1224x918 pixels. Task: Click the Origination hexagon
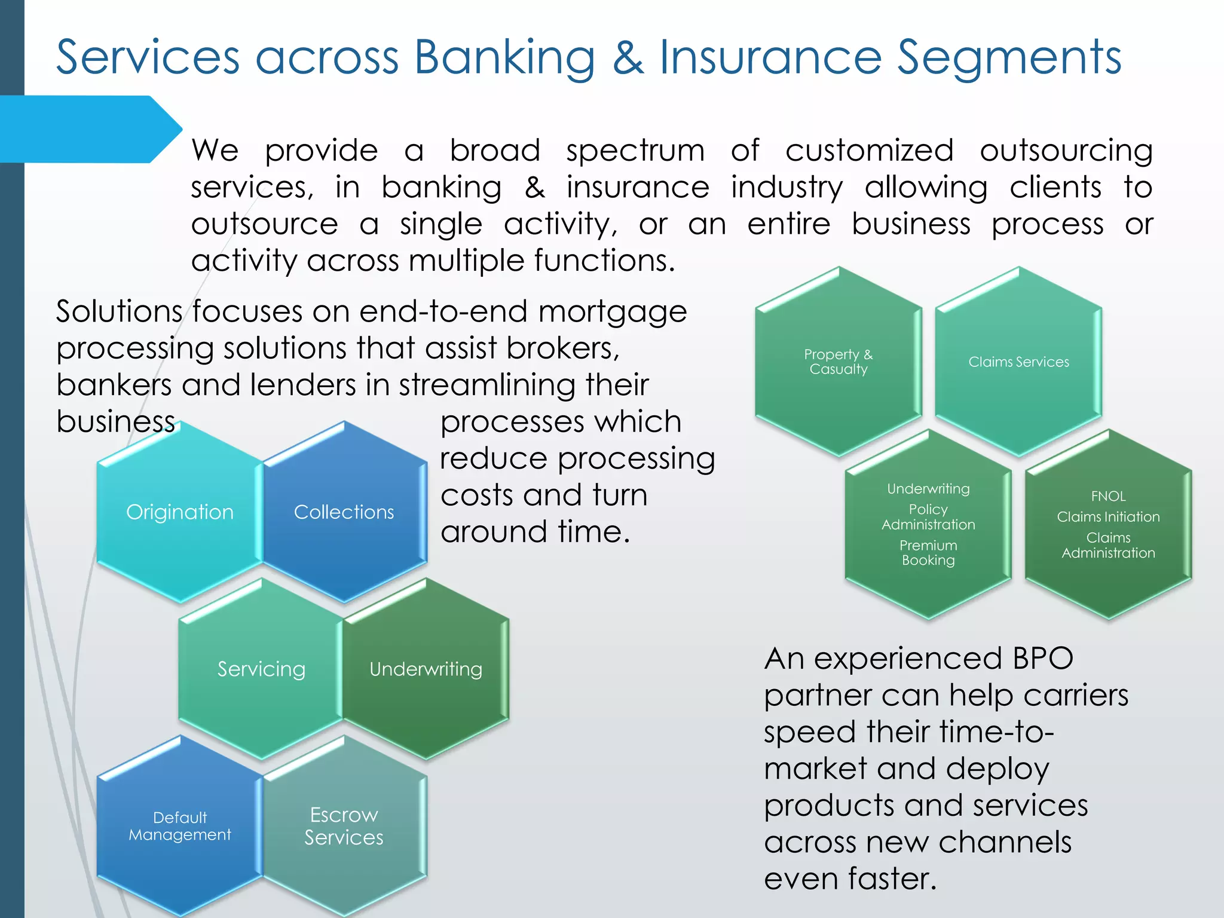tap(179, 512)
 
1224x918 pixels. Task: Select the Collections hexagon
tap(344, 512)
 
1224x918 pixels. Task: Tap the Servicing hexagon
tap(261, 669)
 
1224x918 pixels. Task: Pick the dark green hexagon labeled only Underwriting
tap(426, 669)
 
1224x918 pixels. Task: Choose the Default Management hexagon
tap(179, 826)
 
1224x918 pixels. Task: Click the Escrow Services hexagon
tap(344, 826)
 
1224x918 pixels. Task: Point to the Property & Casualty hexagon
tap(838, 362)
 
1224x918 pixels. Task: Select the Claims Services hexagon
tap(1018, 362)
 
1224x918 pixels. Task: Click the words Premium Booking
tap(928, 553)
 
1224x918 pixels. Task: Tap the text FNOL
tap(1108, 496)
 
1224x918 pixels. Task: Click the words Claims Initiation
tap(1108, 517)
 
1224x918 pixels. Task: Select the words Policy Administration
tap(928, 517)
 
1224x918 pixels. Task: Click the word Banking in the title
tap(504, 58)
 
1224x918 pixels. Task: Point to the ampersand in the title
tap(628, 58)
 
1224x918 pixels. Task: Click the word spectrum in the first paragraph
tap(635, 151)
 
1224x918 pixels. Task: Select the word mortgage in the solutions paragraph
tap(613, 312)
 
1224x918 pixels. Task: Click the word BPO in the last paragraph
tap(1042, 659)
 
